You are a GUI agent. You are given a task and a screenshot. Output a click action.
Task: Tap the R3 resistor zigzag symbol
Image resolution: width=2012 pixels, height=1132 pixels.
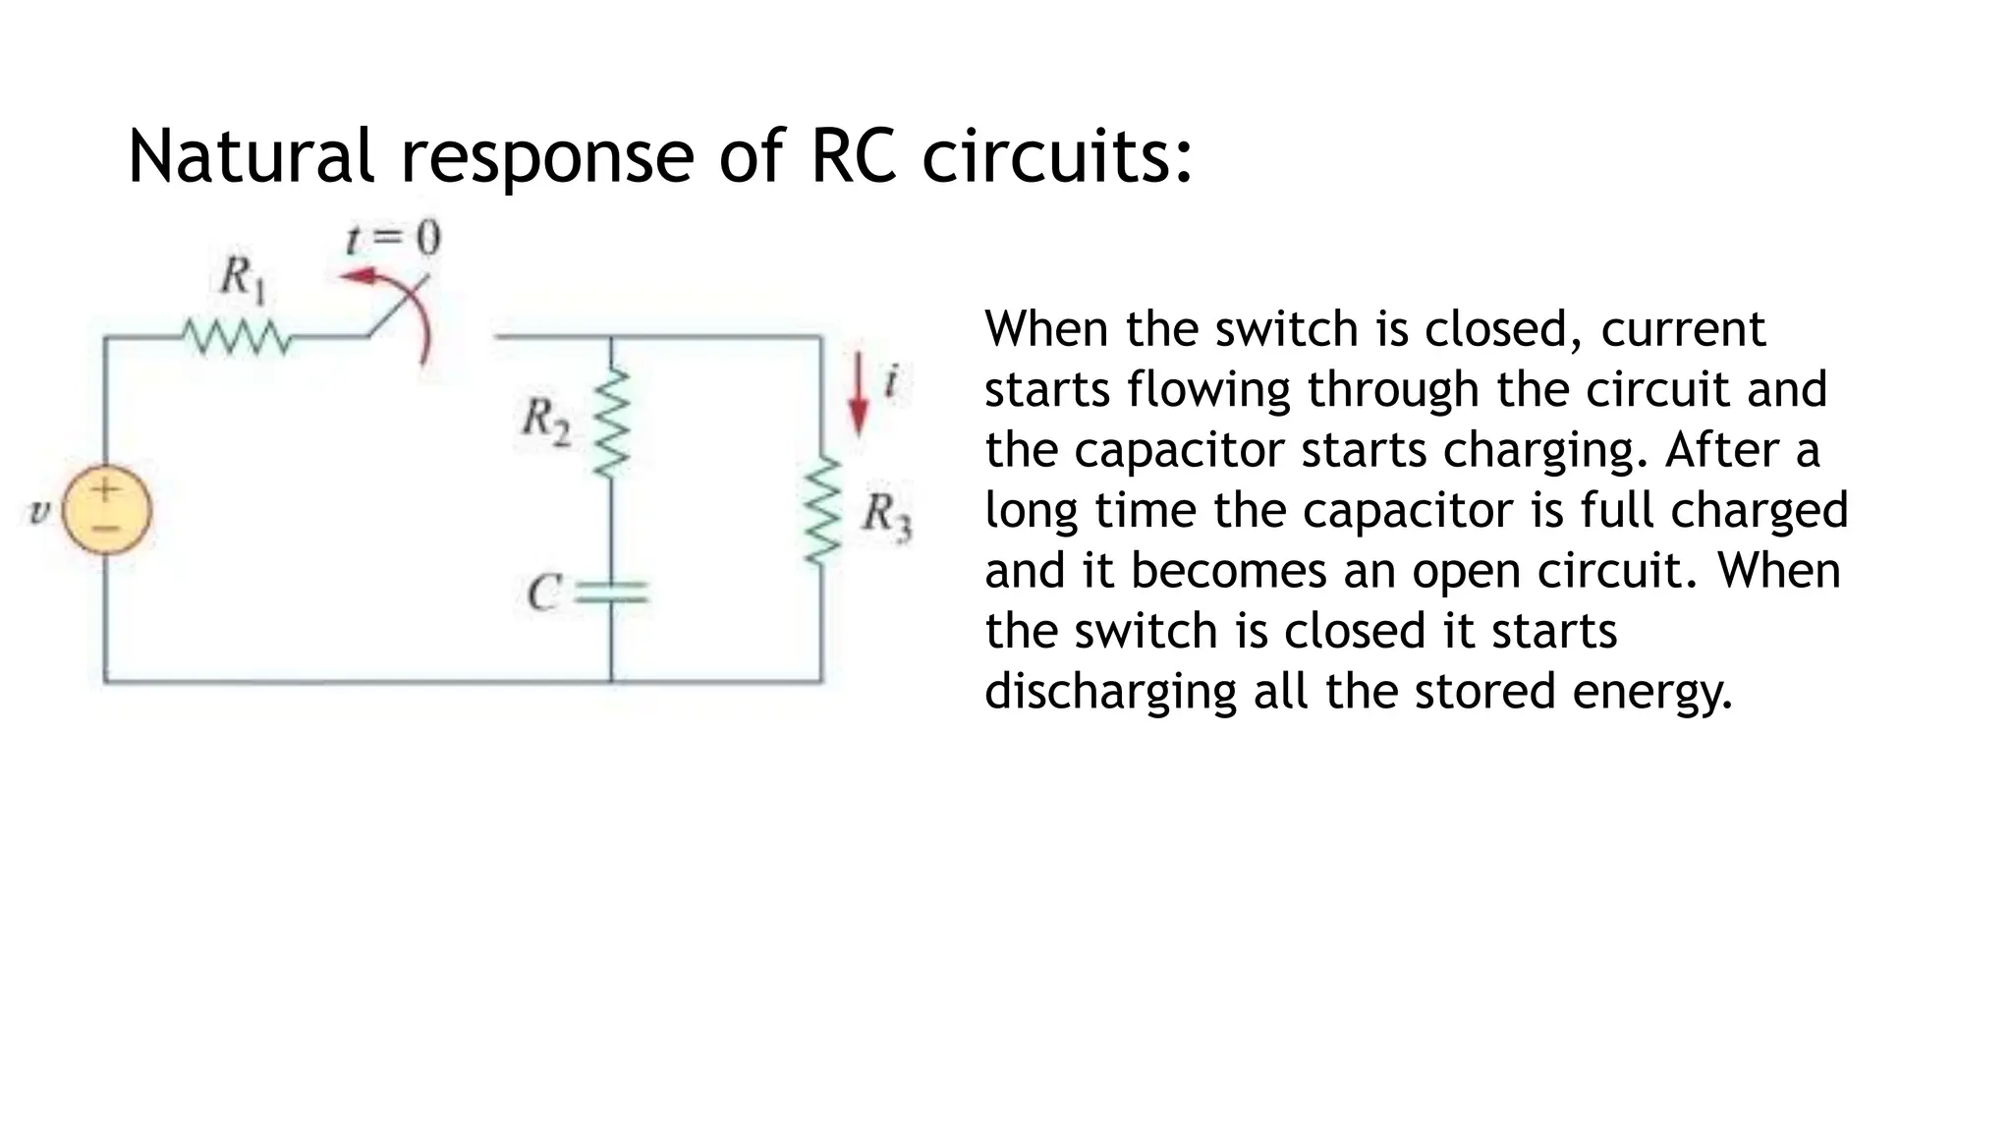822,511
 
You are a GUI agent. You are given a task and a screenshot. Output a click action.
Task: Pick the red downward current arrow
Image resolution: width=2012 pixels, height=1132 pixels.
859,393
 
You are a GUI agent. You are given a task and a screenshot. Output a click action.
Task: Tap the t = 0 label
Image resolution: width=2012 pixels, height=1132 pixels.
393,238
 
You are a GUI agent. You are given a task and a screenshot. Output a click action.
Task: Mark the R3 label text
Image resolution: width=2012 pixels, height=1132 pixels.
886,515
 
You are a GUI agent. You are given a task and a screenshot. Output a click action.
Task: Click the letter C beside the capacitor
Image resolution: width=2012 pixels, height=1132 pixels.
543,593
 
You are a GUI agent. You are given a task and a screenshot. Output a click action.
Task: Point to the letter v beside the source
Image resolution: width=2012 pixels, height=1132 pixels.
38,511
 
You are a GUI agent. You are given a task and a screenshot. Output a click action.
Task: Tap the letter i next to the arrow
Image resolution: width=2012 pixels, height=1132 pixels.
891,380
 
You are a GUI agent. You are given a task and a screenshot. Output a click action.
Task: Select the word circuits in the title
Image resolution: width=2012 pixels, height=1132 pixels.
1056,157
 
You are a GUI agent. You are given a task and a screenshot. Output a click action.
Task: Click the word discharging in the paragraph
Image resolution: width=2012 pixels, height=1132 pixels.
1110,691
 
